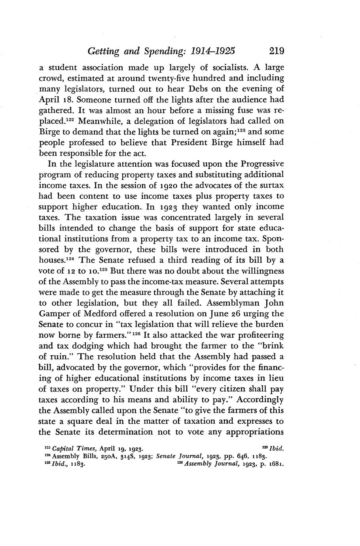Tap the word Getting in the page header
(104, 51)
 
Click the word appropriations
(255, 432)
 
